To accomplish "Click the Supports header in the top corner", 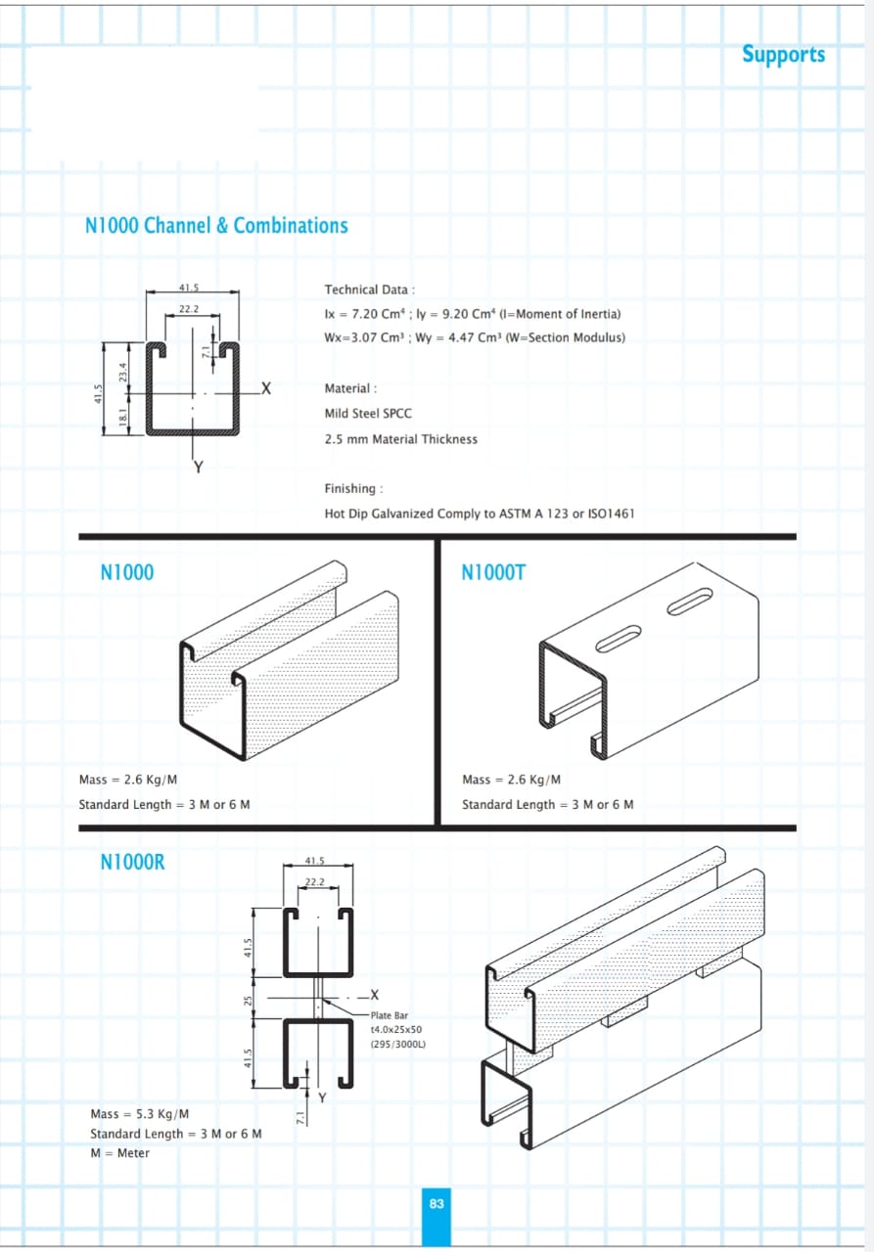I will click(783, 54).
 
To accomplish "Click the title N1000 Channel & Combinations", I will click(216, 226).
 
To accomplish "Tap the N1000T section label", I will click(492, 572).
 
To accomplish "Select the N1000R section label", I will click(132, 862).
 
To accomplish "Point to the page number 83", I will click(437, 1203).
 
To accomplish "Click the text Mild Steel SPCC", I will click(368, 414).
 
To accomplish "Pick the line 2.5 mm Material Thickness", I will click(401, 439).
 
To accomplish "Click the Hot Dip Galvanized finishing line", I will click(480, 514).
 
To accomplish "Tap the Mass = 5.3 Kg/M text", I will click(139, 1114).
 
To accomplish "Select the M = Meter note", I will click(119, 1153).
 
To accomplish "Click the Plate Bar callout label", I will click(390, 1015).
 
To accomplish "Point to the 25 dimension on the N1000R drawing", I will click(249, 1001).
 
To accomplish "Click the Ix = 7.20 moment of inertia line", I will click(472, 314).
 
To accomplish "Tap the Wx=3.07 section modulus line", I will click(475, 338).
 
